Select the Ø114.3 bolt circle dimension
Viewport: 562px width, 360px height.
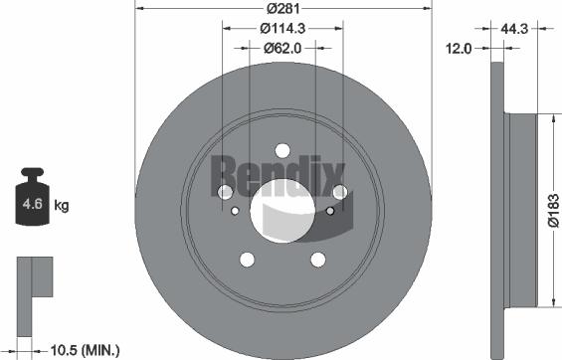[x=281, y=29]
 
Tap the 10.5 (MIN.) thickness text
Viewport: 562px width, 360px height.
[x=85, y=349]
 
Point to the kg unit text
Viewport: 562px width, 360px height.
[x=61, y=207]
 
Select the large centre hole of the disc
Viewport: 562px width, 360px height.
[x=281, y=209]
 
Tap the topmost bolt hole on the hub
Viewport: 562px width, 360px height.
[x=281, y=149]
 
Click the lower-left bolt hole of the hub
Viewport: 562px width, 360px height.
[x=246, y=260]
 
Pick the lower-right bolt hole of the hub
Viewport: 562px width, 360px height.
[x=318, y=260]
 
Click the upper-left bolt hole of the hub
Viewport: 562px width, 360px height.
[x=224, y=191]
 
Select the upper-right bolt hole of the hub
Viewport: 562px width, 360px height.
[x=339, y=191]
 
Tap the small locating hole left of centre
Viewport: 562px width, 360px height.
[x=235, y=210]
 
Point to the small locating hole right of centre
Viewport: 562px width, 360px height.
[x=329, y=210]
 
